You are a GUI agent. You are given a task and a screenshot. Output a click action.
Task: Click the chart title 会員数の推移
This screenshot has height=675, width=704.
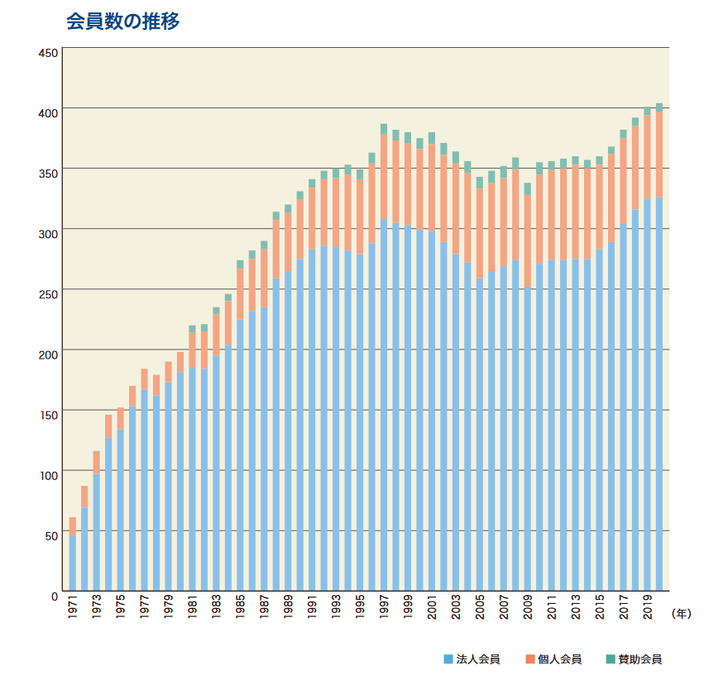[122, 21]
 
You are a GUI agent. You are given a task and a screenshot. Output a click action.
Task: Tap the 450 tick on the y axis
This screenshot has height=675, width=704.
[47, 53]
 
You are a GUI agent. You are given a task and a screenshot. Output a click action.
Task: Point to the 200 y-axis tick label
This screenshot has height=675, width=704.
[47, 354]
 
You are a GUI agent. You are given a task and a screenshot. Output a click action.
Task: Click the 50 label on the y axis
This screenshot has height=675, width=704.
[50, 535]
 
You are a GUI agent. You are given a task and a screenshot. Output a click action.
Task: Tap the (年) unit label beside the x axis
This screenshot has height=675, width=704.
[681, 613]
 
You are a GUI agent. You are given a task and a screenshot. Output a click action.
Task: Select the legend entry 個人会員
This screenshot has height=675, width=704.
[559, 659]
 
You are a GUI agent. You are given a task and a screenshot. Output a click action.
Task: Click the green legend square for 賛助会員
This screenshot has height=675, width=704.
[611, 659]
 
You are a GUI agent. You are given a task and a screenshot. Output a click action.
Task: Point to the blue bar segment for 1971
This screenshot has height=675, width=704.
[73, 562]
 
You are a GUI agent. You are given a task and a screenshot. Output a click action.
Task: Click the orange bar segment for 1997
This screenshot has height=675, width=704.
[384, 177]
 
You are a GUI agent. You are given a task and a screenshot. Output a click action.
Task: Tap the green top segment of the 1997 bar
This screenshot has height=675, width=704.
[384, 129]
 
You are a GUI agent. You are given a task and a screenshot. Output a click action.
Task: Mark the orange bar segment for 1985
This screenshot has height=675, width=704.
[240, 293]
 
